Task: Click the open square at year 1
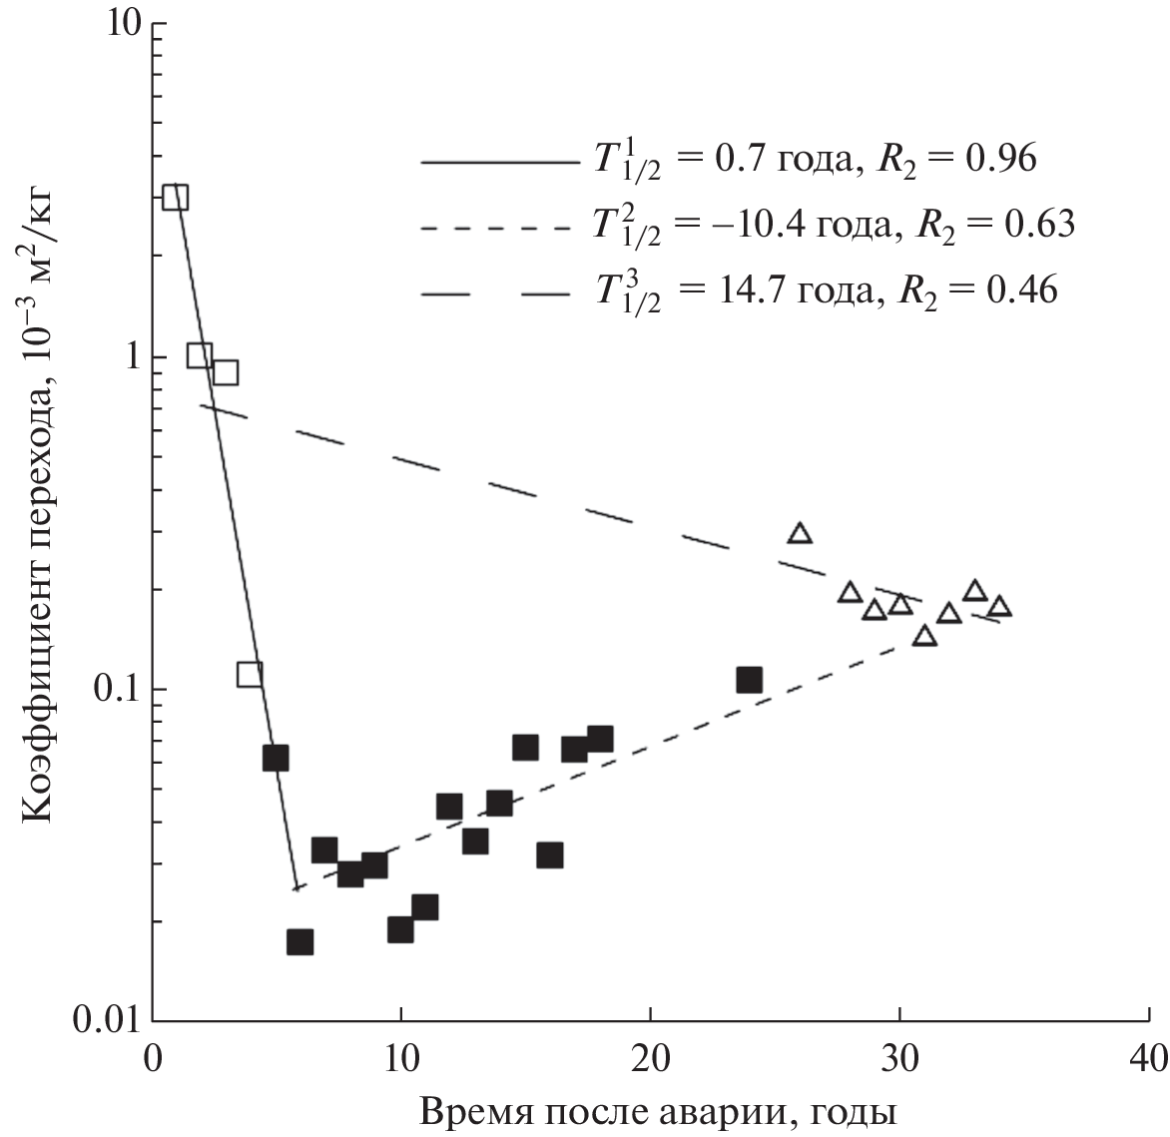[176, 197]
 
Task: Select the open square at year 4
[250, 675]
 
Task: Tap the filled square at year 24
[749, 680]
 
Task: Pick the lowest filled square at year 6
[299, 941]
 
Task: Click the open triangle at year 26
[799, 533]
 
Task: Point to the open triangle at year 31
[924, 636]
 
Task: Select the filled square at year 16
[549, 854]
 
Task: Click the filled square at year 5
[276, 758]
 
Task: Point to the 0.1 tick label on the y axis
[114, 689]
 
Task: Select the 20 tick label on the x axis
[650, 1057]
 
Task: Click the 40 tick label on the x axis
[1149, 1057]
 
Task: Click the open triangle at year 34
[999, 607]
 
